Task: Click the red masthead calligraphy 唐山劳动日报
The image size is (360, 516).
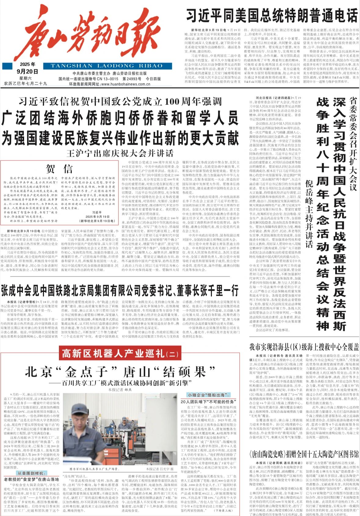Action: pos(89,34)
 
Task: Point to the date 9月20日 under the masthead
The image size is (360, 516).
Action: pos(27,72)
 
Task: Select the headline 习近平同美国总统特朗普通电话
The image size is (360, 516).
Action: pos(271,16)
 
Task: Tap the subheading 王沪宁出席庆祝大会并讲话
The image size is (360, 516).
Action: pos(120,153)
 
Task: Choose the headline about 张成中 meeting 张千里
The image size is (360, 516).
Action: pos(120,291)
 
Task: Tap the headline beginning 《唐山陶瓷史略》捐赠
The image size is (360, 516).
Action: pos(304,454)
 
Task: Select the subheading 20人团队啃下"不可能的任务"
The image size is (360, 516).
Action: pos(208,402)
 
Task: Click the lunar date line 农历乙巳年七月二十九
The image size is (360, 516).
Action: pos(26,83)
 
